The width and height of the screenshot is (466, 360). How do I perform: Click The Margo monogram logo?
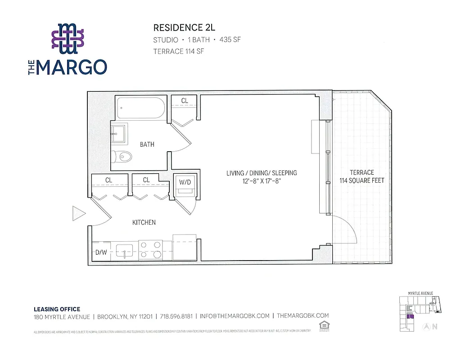click(68, 36)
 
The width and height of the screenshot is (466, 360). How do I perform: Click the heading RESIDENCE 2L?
click(181, 28)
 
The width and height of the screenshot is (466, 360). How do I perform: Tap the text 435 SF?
click(230, 40)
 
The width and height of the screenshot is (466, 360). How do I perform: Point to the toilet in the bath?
click(122, 157)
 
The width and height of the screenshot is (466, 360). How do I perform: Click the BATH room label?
click(147, 144)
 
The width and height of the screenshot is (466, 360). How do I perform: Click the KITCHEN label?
click(144, 222)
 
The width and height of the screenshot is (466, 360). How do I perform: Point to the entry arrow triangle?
click(78, 213)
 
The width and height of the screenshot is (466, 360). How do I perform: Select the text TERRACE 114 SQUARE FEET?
click(362, 176)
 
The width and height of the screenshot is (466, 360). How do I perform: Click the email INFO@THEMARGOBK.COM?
click(235, 316)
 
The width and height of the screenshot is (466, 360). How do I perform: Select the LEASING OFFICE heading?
click(57, 309)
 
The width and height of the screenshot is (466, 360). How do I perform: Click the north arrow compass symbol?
click(425, 327)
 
